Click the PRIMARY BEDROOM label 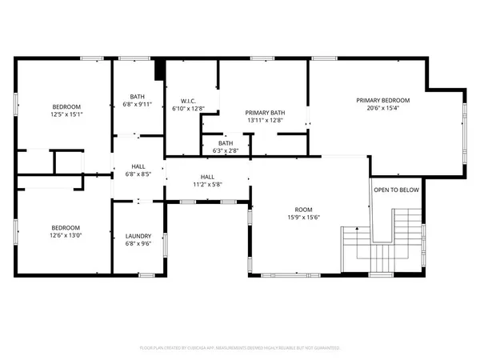[383, 100]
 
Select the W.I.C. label [189, 100]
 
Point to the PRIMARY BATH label [266, 113]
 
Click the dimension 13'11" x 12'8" [266, 121]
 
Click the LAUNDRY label [138, 236]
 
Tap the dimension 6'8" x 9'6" [138, 244]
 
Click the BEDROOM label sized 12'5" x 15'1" [66, 106]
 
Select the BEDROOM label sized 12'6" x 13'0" [66, 227]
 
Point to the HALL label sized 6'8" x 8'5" [138, 166]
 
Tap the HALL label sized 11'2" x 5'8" [207, 177]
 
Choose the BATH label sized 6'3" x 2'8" [225, 143]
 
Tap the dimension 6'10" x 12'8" [189, 108]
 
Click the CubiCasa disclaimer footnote [240, 348]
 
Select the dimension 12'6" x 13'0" [66, 235]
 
